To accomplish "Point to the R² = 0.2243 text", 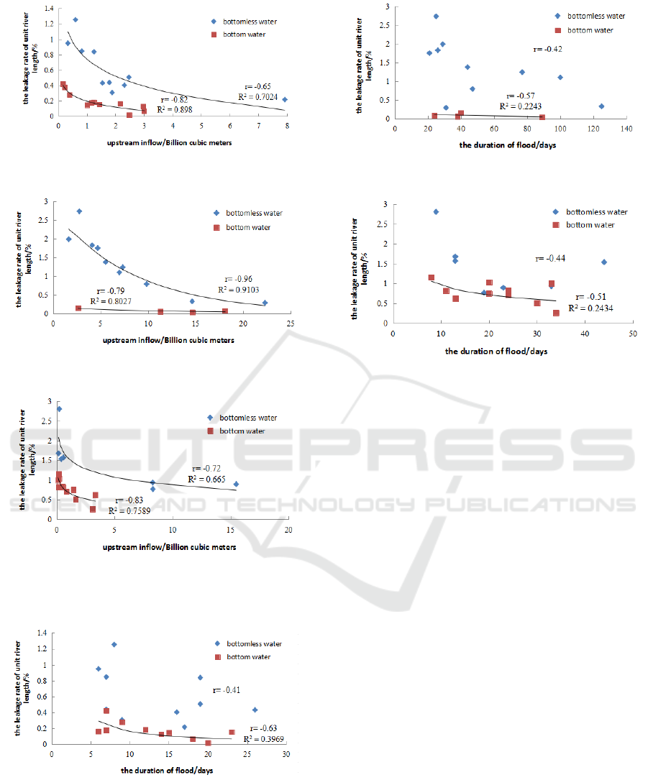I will (x=524, y=105).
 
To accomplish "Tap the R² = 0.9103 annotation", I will (x=242, y=290).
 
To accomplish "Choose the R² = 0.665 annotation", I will (x=206, y=479).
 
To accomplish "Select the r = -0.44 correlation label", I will (x=550, y=258).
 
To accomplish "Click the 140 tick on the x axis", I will (x=626, y=129).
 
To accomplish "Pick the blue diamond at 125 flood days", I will (x=601, y=106).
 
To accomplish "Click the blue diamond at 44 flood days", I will (x=604, y=262).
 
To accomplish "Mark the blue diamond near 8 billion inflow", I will (x=285, y=99).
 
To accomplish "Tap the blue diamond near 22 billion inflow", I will (x=265, y=303).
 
